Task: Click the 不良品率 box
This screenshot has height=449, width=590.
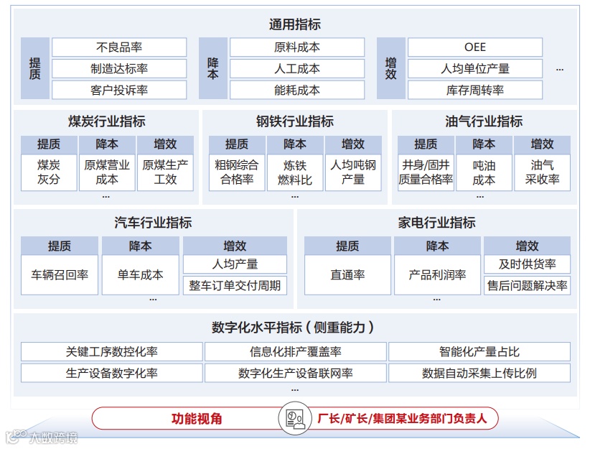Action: click(x=119, y=47)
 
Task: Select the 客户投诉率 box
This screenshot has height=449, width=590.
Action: click(x=119, y=91)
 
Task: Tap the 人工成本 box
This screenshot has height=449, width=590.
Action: click(x=297, y=69)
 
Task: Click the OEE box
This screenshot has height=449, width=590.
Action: click(x=475, y=47)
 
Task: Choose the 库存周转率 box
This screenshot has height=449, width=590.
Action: click(x=475, y=91)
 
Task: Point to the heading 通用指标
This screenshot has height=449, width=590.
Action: click(x=295, y=24)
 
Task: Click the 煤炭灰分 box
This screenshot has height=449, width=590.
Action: click(x=49, y=172)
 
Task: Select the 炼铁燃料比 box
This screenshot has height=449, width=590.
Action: click(x=295, y=172)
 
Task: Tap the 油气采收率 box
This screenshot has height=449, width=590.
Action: click(x=543, y=172)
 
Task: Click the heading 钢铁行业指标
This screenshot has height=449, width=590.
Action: click(x=295, y=121)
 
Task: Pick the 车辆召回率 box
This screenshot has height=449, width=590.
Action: click(x=60, y=274)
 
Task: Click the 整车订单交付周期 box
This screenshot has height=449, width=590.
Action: click(x=235, y=285)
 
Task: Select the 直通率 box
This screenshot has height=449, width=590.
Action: click(x=347, y=274)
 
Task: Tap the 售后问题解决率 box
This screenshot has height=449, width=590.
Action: click(x=528, y=285)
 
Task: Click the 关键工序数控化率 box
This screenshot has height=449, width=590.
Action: click(x=112, y=352)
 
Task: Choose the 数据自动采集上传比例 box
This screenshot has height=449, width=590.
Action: click(x=479, y=374)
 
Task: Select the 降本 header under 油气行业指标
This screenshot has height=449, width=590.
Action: click(x=484, y=144)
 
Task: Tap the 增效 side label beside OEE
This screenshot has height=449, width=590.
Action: click(x=390, y=69)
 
